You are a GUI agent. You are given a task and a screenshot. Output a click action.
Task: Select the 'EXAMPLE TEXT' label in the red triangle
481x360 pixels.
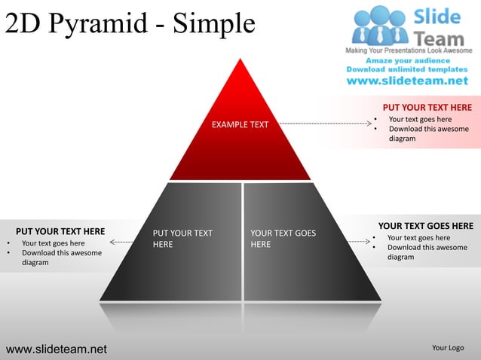coord(240,124)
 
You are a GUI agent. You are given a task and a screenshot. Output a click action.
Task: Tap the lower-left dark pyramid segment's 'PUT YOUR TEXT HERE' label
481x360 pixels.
coord(182,239)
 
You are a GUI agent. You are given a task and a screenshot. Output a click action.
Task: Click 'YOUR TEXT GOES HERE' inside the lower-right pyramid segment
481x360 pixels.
coord(283,239)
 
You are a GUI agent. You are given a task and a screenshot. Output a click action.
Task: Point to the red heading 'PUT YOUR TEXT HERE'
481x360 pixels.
coord(427,108)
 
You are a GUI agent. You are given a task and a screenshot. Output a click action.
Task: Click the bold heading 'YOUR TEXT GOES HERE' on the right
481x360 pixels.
coord(425,226)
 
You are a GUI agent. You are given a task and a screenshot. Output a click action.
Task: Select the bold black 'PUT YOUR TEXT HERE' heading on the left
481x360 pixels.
coord(60,231)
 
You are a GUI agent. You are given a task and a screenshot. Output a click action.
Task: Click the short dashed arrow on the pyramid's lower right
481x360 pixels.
coord(359,242)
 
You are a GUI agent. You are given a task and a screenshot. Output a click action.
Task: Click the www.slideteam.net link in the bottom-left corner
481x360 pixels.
coord(57,349)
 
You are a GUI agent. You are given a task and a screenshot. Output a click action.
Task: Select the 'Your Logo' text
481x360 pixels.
coord(447,348)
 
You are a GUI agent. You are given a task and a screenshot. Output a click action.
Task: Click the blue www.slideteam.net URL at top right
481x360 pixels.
coord(407,81)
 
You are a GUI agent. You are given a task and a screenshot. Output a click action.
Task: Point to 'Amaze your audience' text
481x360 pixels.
coord(407,60)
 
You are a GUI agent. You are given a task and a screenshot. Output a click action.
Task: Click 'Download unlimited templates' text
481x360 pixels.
coord(407,69)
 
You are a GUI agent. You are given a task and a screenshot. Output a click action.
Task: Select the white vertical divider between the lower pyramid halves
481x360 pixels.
coord(243,241)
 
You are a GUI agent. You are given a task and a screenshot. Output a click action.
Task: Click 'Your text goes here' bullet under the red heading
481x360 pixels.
coord(420,119)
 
